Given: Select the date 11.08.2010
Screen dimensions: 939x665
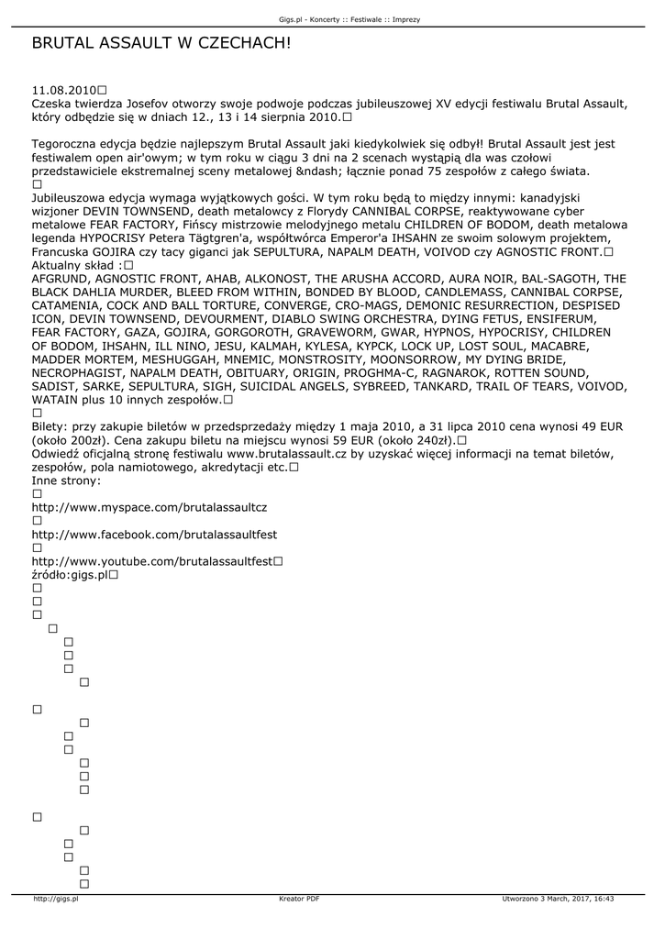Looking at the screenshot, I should click(x=63, y=91).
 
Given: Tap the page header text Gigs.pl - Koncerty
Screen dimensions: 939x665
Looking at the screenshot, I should click(x=312, y=18).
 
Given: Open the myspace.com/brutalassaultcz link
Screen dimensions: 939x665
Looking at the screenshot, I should click(x=150, y=506).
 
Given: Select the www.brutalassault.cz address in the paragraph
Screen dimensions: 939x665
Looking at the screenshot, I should click(x=285, y=454).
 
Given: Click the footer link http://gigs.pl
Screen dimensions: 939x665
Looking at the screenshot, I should click(x=56, y=900).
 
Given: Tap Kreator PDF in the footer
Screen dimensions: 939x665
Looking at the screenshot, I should click(x=299, y=900).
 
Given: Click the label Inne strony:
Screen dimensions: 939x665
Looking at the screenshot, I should click(x=66, y=481).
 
